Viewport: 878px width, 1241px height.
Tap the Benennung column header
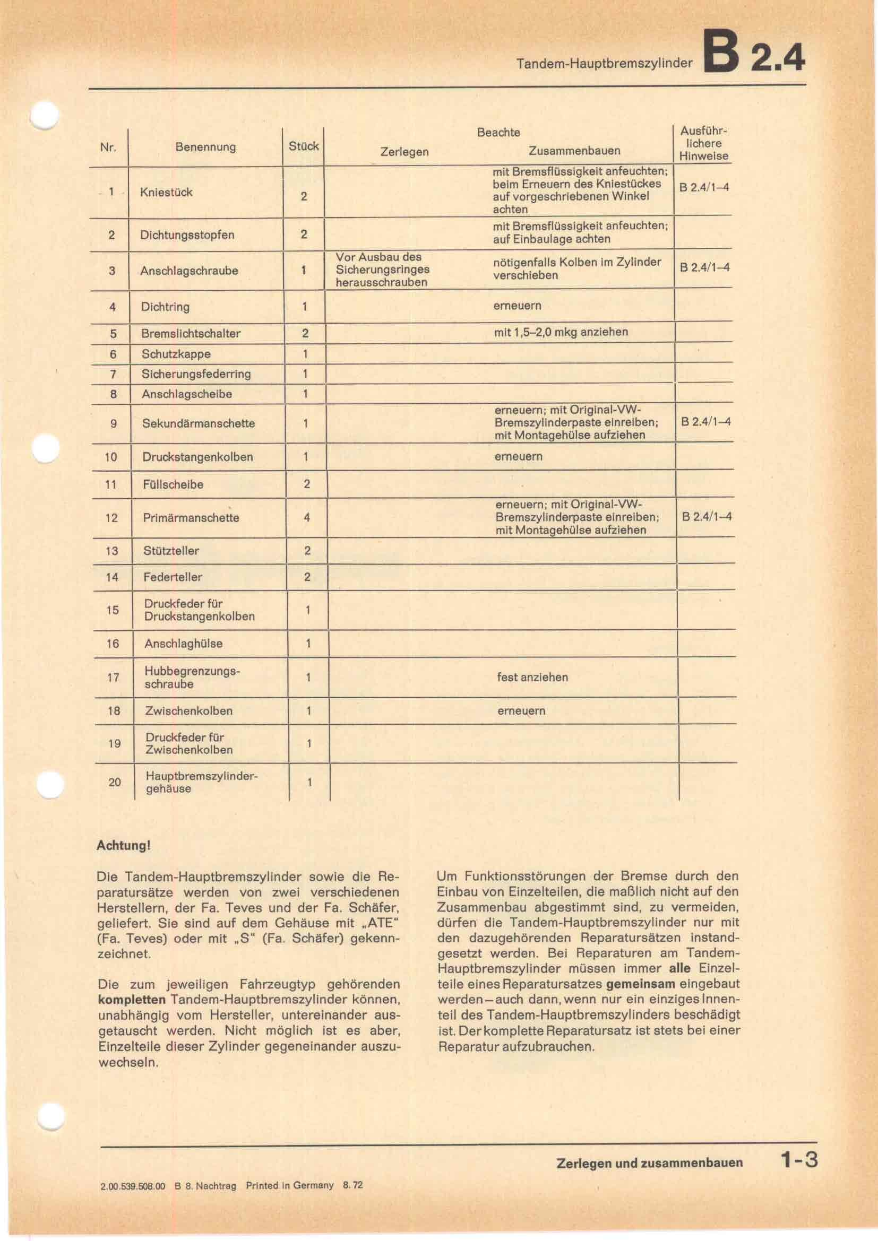(205, 147)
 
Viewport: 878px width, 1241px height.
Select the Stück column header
(303, 146)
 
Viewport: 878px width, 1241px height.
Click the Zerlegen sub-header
(404, 152)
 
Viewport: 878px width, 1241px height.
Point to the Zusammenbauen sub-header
(574, 151)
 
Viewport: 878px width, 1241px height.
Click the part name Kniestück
(166, 193)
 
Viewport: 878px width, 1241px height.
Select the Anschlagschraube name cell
(188, 271)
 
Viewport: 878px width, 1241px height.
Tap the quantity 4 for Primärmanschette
(306, 518)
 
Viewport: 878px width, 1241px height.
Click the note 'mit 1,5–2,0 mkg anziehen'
(561, 332)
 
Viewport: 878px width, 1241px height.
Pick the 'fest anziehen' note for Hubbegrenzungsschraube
(532, 677)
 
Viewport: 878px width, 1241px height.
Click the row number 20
(115, 782)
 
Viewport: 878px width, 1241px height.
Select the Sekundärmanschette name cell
(199, 423)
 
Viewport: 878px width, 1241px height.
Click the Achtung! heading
(123, 846)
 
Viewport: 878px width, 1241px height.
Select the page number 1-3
(798, 1160)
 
